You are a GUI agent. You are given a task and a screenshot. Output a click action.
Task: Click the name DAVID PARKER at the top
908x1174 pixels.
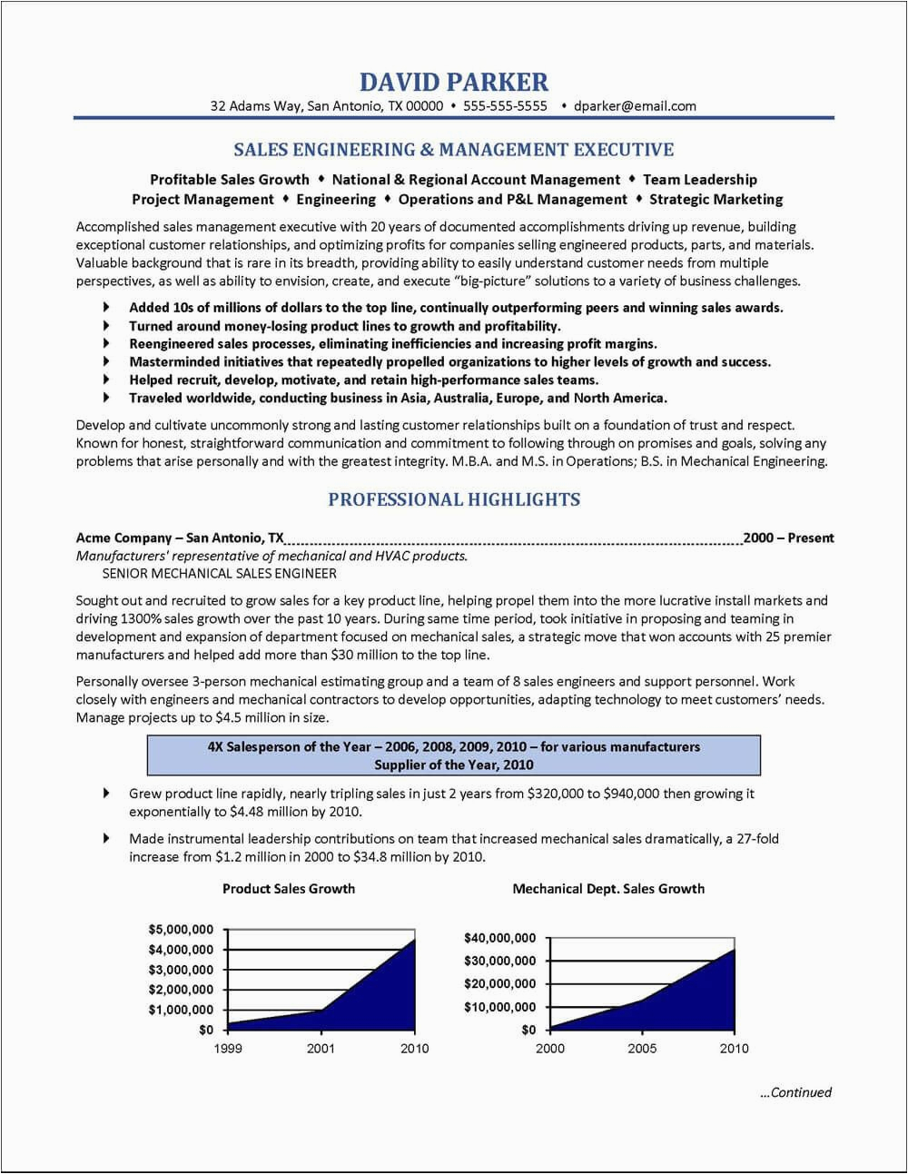click(x=454, y=82)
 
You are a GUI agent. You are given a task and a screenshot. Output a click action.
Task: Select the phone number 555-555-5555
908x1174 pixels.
click(x=505, y=105)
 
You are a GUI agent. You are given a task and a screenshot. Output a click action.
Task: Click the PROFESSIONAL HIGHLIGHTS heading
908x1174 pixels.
click(x=454, y=499)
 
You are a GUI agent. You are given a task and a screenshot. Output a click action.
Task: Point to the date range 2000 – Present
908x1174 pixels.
click(x=788, y=538)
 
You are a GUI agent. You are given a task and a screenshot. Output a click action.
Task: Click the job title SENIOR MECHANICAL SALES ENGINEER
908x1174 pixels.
click(x=219, y=573)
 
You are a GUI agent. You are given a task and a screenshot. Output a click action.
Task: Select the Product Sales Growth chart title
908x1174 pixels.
click(x=289, y=888)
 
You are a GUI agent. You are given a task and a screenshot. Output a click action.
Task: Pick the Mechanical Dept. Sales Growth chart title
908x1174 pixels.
click(x=608, y=888)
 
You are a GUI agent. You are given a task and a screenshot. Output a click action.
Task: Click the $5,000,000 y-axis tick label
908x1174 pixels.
click(x=181, y=929)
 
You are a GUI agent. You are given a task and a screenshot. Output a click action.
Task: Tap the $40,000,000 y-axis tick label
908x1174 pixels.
click(x=499, y=937)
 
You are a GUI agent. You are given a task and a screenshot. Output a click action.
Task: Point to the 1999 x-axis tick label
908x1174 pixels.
click(x=227, y=1049)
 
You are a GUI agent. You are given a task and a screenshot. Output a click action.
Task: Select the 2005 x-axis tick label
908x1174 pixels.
click(x=642, y=1049)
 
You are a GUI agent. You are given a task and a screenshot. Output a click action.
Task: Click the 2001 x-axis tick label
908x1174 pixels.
click(x=321, y=1049)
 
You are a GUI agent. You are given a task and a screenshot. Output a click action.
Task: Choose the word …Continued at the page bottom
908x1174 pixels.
click(x=795, y=1092)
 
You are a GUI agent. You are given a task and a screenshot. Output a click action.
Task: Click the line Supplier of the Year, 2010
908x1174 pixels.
click(x=454, y=765)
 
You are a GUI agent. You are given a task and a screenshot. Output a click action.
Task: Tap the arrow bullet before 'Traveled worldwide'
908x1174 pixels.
click(x=107, y=398)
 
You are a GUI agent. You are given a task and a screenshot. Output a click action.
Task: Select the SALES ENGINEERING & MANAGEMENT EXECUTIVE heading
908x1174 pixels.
click(x=454, y=149)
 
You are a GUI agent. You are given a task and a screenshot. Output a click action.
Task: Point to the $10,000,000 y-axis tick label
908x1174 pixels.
click(x=499, y=1007)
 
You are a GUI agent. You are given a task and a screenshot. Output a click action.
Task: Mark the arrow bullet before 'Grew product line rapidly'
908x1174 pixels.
click(x=107, y=793)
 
